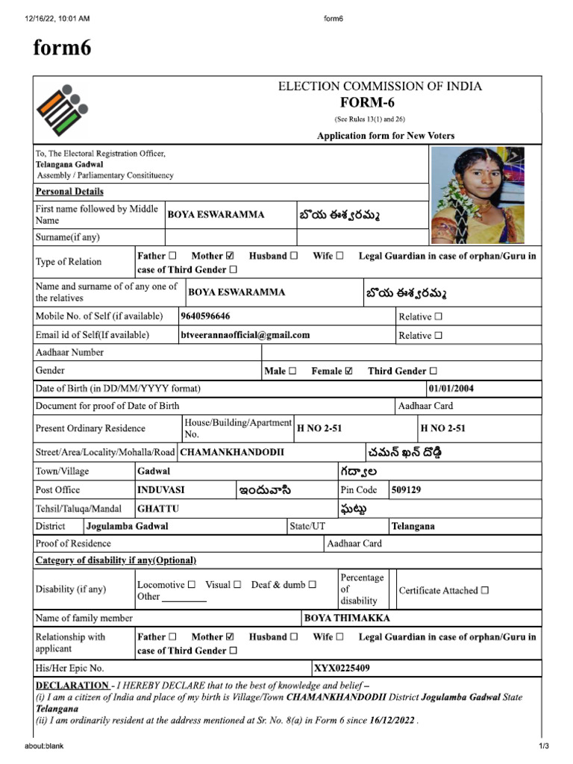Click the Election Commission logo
60,110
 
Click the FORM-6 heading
380,103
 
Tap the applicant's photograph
477,194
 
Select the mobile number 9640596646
205,316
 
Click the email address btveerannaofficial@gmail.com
245,335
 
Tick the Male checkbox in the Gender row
292,371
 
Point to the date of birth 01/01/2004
451,389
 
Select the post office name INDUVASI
161,490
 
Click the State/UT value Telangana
413,526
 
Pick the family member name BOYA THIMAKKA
347,618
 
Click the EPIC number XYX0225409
342,668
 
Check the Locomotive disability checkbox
192,585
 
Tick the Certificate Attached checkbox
485,590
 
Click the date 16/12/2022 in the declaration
392,721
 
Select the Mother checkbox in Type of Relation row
230,256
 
